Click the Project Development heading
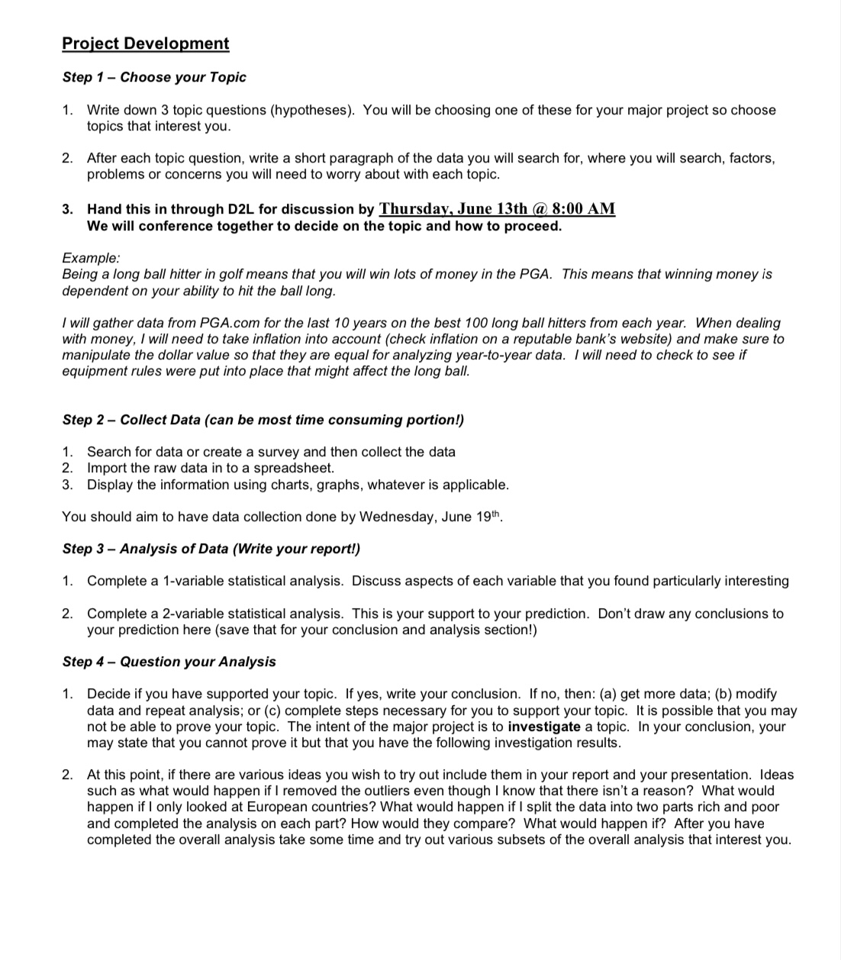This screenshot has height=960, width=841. click(145, 43)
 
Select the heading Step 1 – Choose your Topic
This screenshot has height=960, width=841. click(154, 77)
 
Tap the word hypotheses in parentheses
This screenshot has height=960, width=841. click(312, 110)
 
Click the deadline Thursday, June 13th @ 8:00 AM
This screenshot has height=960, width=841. click(497, 208)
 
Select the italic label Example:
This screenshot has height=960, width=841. click(91, 258)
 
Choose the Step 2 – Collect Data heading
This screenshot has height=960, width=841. click(263, 420)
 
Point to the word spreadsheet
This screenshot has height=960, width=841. click(295, 468)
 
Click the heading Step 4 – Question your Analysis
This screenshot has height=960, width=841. click(169, 662)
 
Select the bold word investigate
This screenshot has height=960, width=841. click(543, 726)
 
